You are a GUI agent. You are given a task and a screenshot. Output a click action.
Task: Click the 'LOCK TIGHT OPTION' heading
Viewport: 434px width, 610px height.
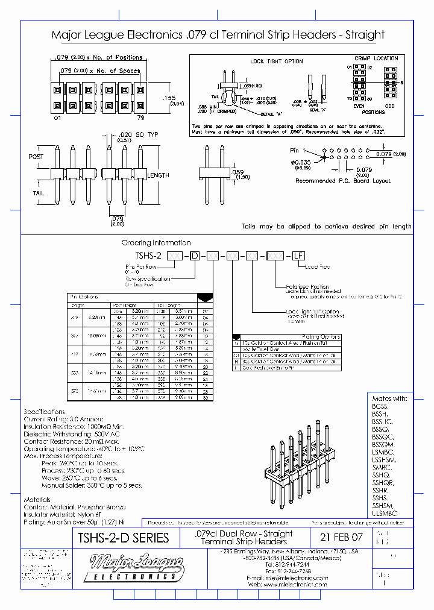click(277, 61)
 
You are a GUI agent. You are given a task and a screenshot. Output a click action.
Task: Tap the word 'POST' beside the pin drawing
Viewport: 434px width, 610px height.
click(36, 157)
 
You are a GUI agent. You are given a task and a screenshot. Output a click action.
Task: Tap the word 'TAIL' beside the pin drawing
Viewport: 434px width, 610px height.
click(37, 192)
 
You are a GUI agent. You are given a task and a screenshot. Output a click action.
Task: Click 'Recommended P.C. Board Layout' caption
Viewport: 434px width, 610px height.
click(343, 181)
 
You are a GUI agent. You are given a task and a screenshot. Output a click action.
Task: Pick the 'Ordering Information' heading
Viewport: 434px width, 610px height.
click(156, 243)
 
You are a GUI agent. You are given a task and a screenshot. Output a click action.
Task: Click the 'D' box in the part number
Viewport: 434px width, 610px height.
click(194, 256)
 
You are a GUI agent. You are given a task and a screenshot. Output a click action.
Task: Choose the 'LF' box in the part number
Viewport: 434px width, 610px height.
click(298, 256)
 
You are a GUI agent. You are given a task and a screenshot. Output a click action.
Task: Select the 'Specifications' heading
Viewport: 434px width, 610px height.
click(44, 411)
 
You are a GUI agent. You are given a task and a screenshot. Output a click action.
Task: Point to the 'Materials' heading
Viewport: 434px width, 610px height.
click(37, 500)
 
